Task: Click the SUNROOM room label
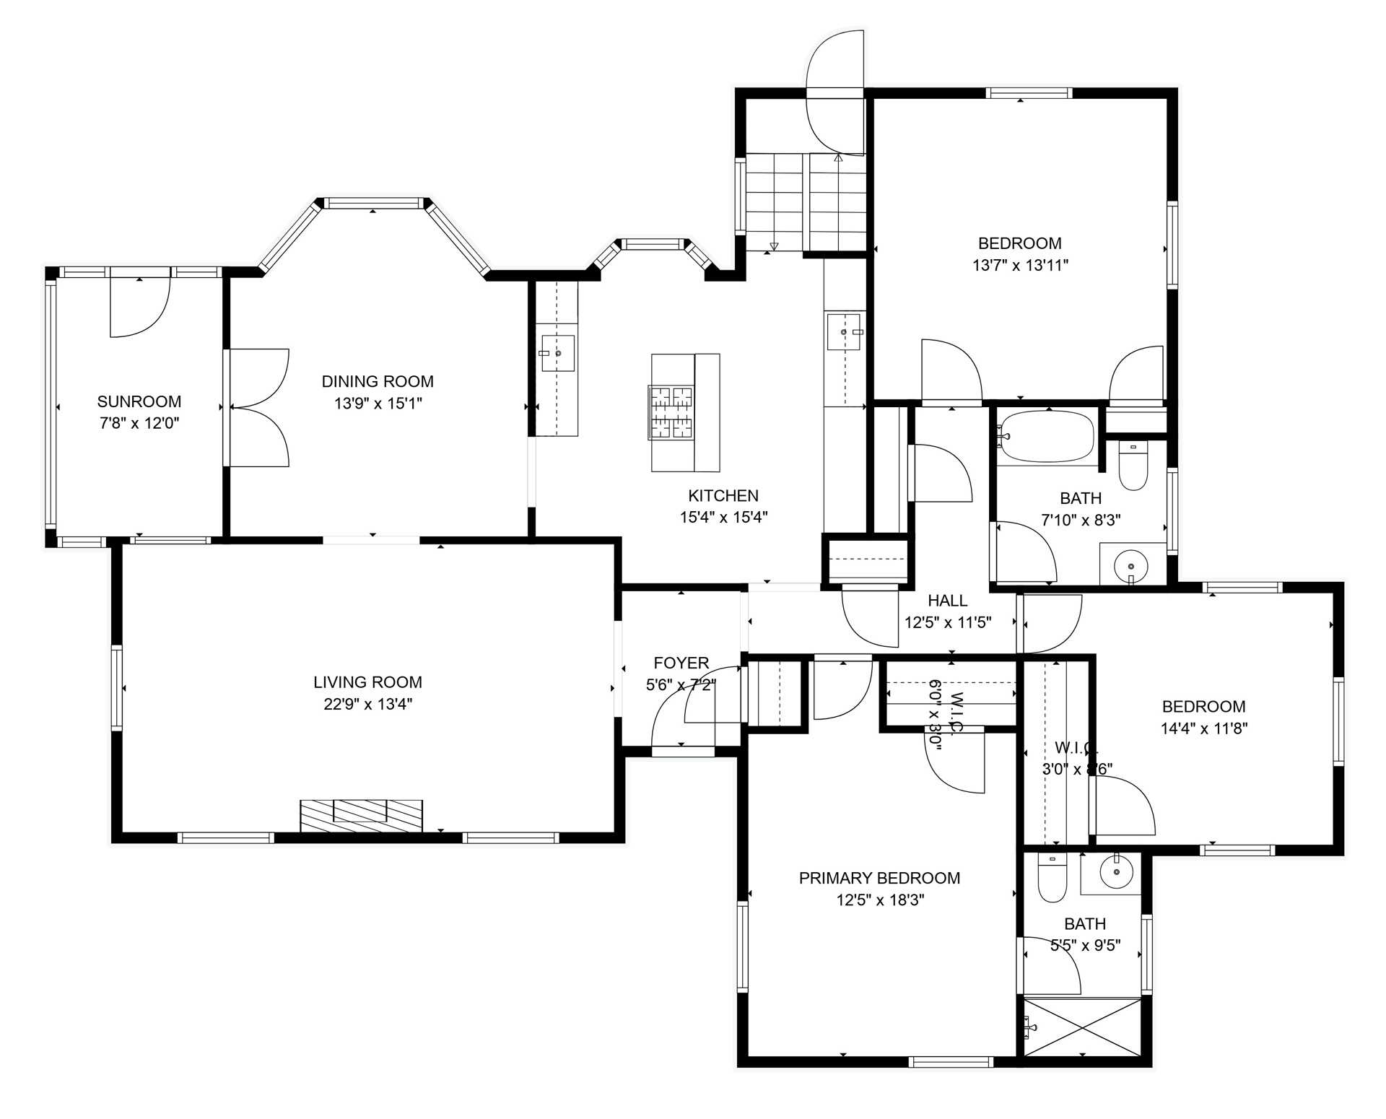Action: [139, 401]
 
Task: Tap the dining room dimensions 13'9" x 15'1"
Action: [378, 403]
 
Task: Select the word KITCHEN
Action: [723, 495]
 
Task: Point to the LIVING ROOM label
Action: [367, 682]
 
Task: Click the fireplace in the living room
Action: [361, 815]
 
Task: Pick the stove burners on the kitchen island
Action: [671, 412]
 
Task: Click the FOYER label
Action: [681, 663]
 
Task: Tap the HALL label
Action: [947, 600]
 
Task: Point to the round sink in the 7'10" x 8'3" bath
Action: [1131, 565]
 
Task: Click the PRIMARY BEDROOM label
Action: [879, 878]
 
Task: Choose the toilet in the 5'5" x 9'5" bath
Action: [1052, 877]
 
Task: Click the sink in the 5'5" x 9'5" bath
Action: [1115, 873]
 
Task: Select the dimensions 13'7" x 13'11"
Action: [1020, 265]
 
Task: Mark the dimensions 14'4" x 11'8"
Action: [1203, 728]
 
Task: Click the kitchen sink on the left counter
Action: [557, 353]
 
